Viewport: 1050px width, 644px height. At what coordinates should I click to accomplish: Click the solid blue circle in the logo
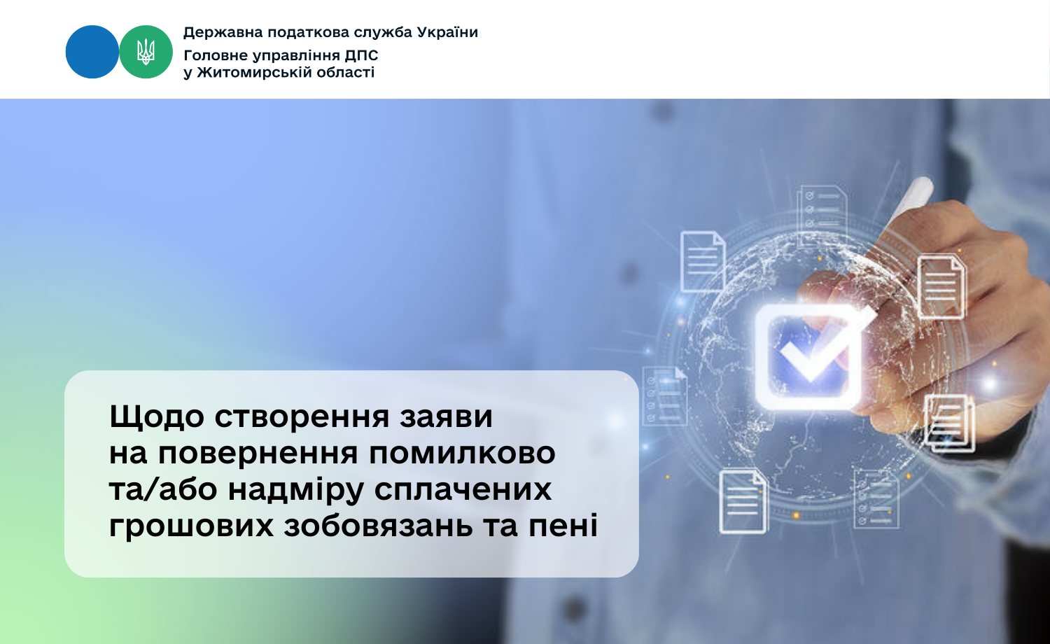click(92, 52)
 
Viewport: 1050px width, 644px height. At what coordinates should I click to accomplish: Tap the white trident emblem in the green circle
click(146, 52)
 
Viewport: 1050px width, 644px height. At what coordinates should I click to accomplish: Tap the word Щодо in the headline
click(157, 416)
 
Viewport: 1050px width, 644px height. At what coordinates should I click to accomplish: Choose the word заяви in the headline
click(447, 416)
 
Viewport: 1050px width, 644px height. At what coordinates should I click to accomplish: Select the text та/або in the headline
click(163, 489)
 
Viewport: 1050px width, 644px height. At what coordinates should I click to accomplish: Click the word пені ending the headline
click(563, 525)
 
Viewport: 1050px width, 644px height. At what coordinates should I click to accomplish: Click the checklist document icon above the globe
click(822, 215)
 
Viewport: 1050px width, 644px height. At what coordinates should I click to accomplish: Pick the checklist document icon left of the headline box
click(665, 395)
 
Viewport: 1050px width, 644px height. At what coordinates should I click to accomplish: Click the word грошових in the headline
click(191, 526)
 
